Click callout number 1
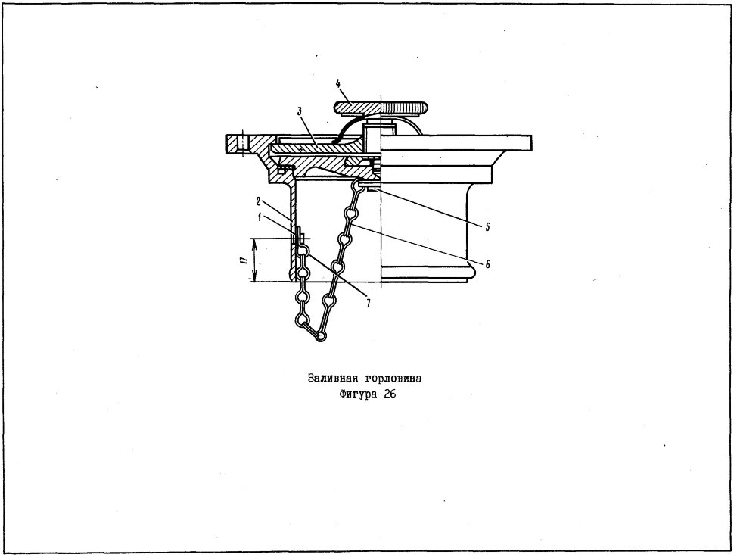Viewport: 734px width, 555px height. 260,217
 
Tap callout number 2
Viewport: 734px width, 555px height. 258,202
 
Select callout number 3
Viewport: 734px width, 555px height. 299,111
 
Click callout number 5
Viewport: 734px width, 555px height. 487,227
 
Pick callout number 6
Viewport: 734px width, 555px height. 487,264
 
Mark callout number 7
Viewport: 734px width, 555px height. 369,304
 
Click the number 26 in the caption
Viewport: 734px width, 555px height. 390,394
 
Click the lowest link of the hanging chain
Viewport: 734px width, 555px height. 320,336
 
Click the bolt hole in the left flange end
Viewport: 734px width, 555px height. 242,145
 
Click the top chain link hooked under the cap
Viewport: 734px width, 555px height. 359,186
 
